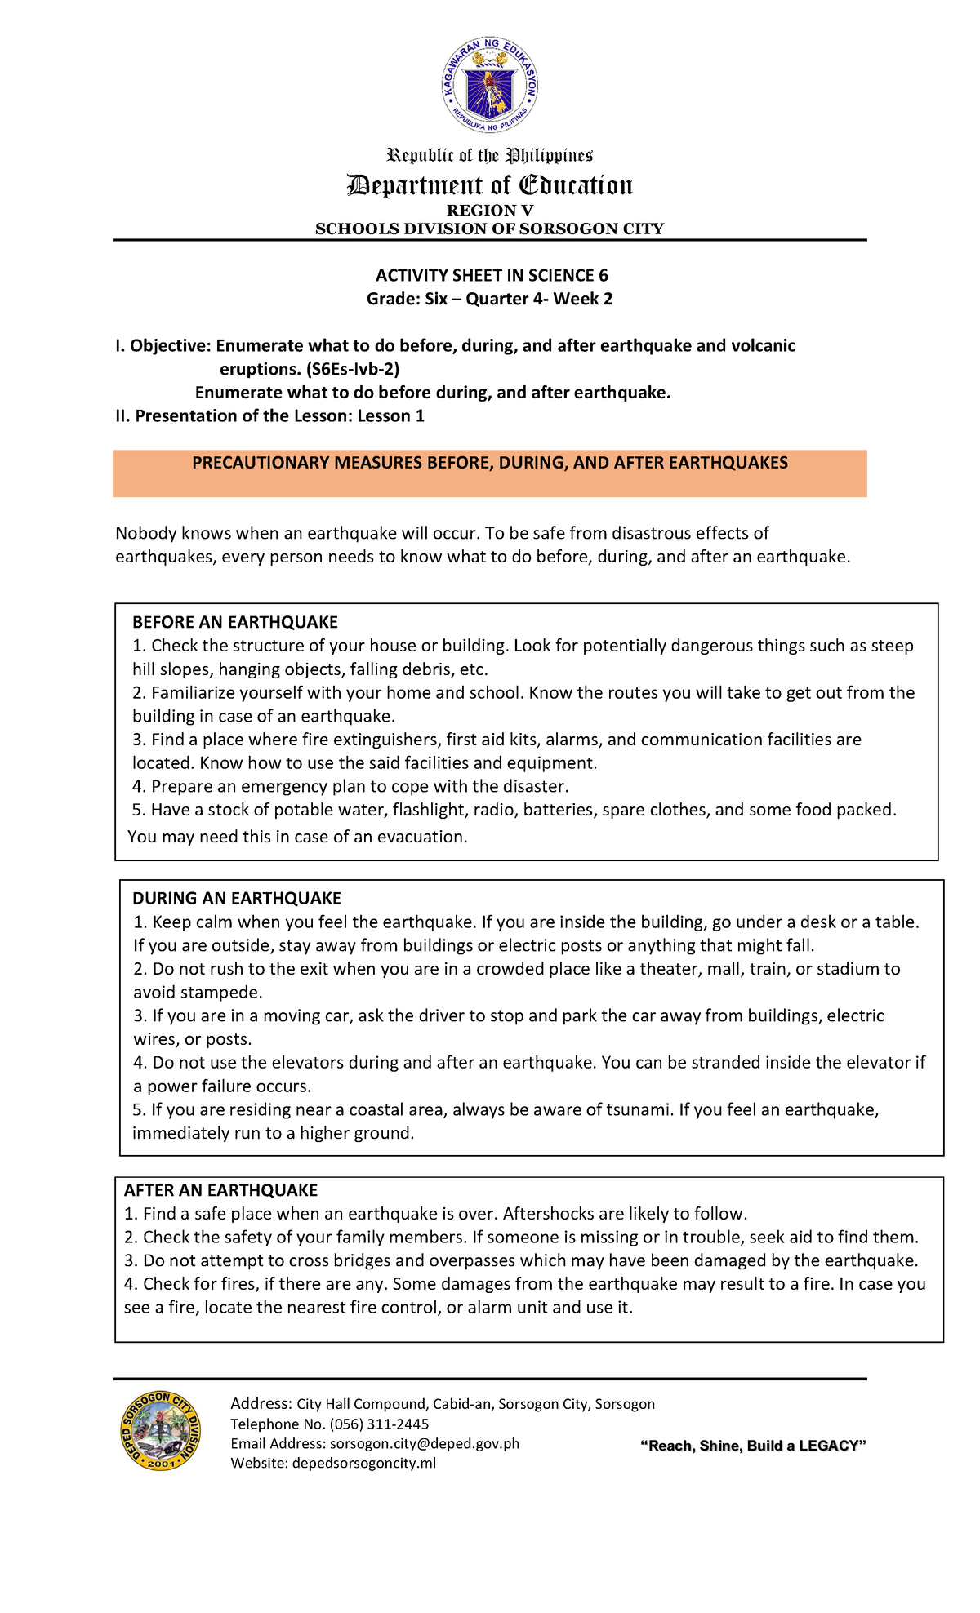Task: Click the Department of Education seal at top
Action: tap(489, 85)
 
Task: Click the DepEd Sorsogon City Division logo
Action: tap(160, 1432)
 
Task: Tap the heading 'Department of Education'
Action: tap(489, 185)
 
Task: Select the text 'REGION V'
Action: tap(489, 211)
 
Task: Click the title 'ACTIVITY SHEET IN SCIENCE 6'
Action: tap(491, 276)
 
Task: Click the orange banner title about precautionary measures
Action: tap(489, 463)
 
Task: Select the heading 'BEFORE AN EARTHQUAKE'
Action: tap(235, 622)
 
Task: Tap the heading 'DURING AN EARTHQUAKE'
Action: tap(237, 898)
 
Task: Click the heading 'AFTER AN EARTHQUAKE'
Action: tap(220, 1190)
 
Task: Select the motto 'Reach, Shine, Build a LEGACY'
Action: tap(752, 1446)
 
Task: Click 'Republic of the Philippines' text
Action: tap(489, 155)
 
